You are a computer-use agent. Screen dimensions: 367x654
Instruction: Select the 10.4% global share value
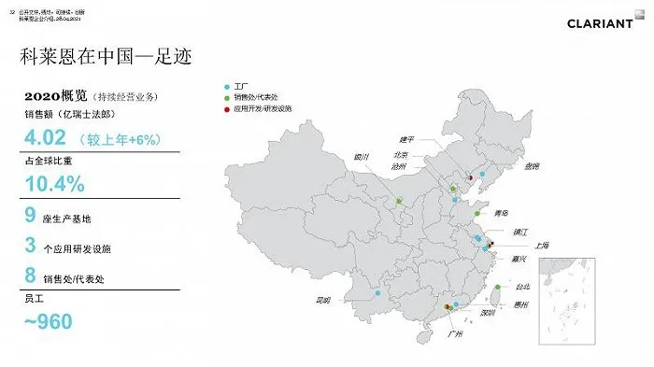(55, 184)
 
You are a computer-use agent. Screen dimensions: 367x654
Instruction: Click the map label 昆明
(324, 300)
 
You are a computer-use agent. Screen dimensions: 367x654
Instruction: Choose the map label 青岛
(502, 212)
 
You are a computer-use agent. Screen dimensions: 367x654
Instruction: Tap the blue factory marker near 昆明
(377, 295)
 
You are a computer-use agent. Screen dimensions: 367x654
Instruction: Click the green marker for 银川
(399, 201)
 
